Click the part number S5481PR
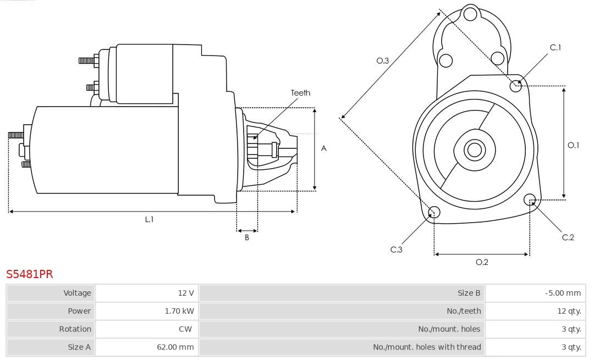coord(29,274)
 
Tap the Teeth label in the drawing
coord(300,93)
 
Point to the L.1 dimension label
coord(149,219)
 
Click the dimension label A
coord(324,148)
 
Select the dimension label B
coord(247,238)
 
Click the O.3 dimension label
coord(383,61)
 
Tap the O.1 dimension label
coord(573,145)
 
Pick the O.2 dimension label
coord(482,262)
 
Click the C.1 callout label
coord(555,47)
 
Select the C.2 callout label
coord(568,237)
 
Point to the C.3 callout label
coord(397,250)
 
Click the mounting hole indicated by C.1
coord(516,86)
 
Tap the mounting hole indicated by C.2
coord(530,200)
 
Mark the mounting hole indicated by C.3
coord(434,213)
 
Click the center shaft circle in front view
coord(474,149)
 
